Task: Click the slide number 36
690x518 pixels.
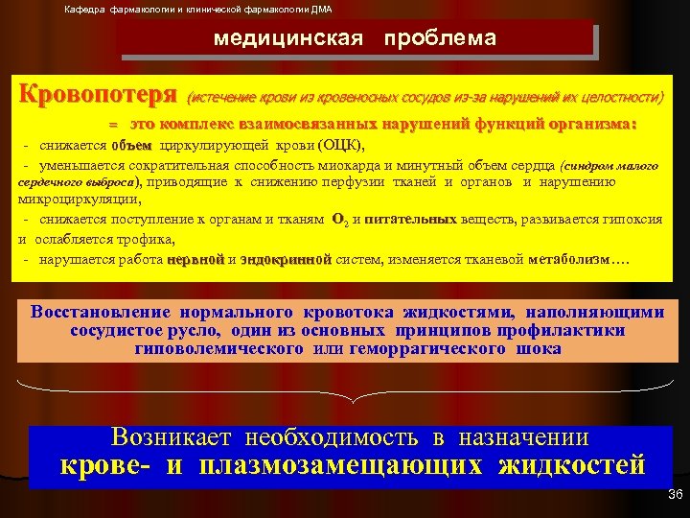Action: [674, 495]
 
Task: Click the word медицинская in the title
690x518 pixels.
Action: [288, 39]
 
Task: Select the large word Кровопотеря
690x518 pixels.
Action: [99, 97]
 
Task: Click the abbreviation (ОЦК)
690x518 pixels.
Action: [338, 145]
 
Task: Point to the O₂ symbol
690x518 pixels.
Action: [338, 220]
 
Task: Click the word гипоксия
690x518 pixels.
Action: [628, 220]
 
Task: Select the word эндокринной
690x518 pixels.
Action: [286, 259]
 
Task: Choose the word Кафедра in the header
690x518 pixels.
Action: [84, 10]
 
